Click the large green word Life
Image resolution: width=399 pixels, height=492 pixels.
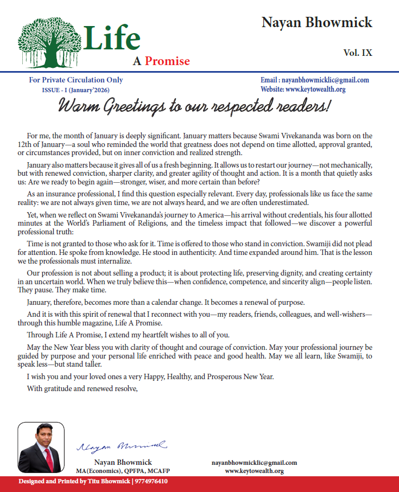pyautogui.click(x=112, y=38)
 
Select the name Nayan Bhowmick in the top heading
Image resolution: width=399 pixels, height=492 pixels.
pyautogui.click(x=317, y=22)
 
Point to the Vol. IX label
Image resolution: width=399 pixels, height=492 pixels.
pyautogui.click(x=358, y=53)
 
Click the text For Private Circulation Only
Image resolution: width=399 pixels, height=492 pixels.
pyautogui.click(x=76, y=80)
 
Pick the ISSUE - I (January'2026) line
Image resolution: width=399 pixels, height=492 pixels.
pyautogui.click(x=78, y=90)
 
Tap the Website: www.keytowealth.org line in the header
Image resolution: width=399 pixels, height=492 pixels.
pyautogui.click(x=303, y=90)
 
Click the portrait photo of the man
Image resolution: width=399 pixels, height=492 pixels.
pyautogui.click(x=41, y=448)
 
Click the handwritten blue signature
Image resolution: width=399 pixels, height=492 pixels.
pyautogui.click(x=122, y=446)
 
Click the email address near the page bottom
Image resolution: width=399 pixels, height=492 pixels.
pyautogui.click(x=254, y=463)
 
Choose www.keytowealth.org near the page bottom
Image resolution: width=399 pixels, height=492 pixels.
pyautogui.click(x=254, y=471)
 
